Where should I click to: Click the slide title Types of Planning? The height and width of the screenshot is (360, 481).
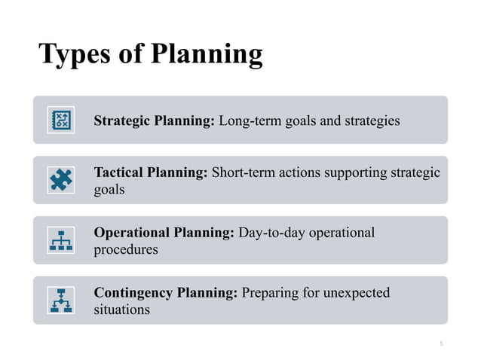[151, 54]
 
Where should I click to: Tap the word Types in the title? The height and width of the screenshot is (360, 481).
[68, 54]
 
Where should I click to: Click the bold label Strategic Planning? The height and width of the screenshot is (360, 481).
[155, 121]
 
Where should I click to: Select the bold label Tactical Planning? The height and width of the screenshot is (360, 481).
[150, 172]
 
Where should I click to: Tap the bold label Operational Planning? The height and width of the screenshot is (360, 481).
[164, 233]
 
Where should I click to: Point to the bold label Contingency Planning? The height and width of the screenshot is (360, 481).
[165, 292]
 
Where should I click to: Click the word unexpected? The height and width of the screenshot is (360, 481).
[354, 292]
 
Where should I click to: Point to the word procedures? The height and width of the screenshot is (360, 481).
[125, 249]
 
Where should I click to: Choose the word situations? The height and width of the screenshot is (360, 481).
[121, 310]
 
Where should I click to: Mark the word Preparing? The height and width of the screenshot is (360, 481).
[268, 292]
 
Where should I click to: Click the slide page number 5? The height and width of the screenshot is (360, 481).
[441, 343]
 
